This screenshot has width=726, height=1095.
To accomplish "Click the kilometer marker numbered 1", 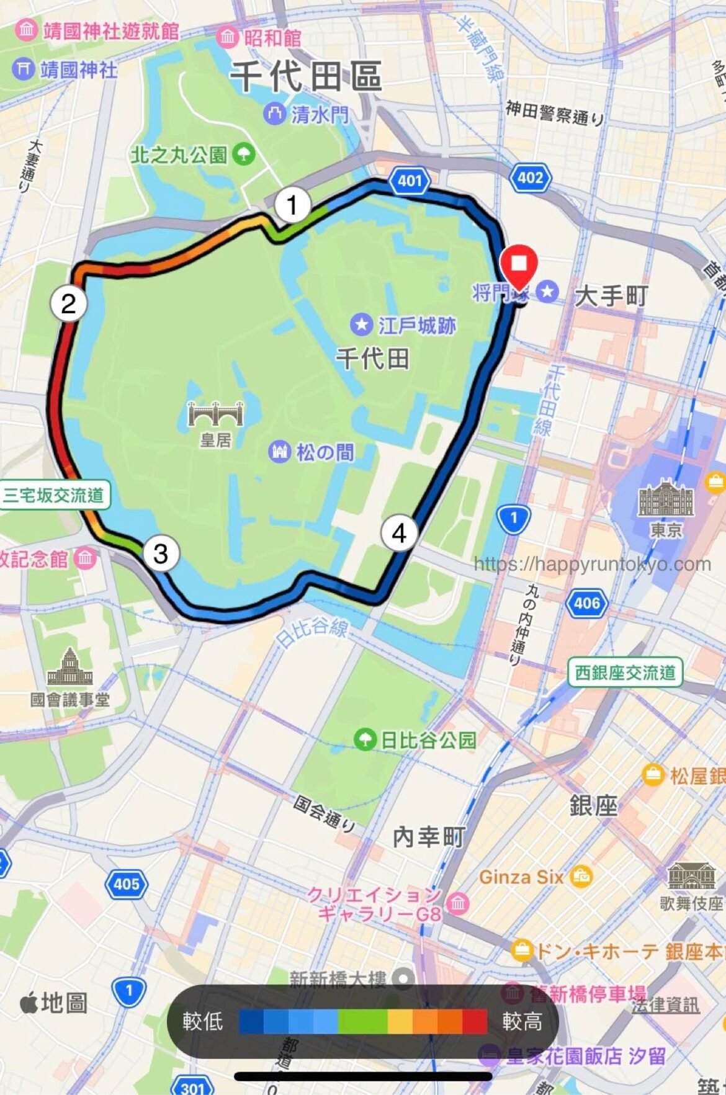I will tap(292, 204).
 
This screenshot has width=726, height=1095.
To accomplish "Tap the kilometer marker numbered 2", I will tap(68, 303).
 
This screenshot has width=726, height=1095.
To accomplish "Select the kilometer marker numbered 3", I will tap(161, 553).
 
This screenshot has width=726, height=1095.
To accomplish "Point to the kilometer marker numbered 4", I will tap(399, 533).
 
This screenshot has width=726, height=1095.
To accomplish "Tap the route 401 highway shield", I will tap(410, 181).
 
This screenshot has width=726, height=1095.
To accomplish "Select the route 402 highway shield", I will tap(531, 178).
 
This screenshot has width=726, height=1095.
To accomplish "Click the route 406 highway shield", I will tap(586, 602).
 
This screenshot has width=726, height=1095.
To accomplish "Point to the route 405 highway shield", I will tap(127, 883).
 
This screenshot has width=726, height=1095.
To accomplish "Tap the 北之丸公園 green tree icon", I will tap(244, 154).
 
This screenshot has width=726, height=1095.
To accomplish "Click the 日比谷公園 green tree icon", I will tap(365, 739).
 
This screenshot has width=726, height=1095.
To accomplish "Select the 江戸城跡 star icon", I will tap(362, 324).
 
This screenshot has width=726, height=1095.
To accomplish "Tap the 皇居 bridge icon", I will tap(215, 413).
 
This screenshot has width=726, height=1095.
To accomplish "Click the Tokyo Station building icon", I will tap(666, 498).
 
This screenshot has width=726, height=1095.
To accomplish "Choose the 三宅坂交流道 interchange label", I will tap(54, 495).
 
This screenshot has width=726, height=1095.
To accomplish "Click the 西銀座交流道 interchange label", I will tap(625, 673).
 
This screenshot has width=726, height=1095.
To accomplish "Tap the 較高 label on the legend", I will tap(522, 1021).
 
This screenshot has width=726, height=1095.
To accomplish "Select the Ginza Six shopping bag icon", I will tap(581, 876).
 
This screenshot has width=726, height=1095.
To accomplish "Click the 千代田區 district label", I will tap(306, 76).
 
